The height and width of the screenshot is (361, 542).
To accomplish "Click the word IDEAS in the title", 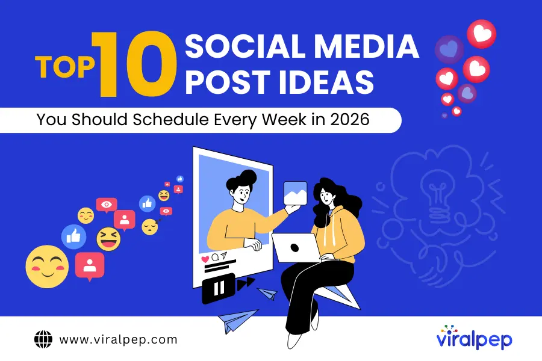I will (322, 82).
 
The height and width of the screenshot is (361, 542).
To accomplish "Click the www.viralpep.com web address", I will (118, 339).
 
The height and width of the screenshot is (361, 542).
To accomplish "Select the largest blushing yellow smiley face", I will (47, 266).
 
